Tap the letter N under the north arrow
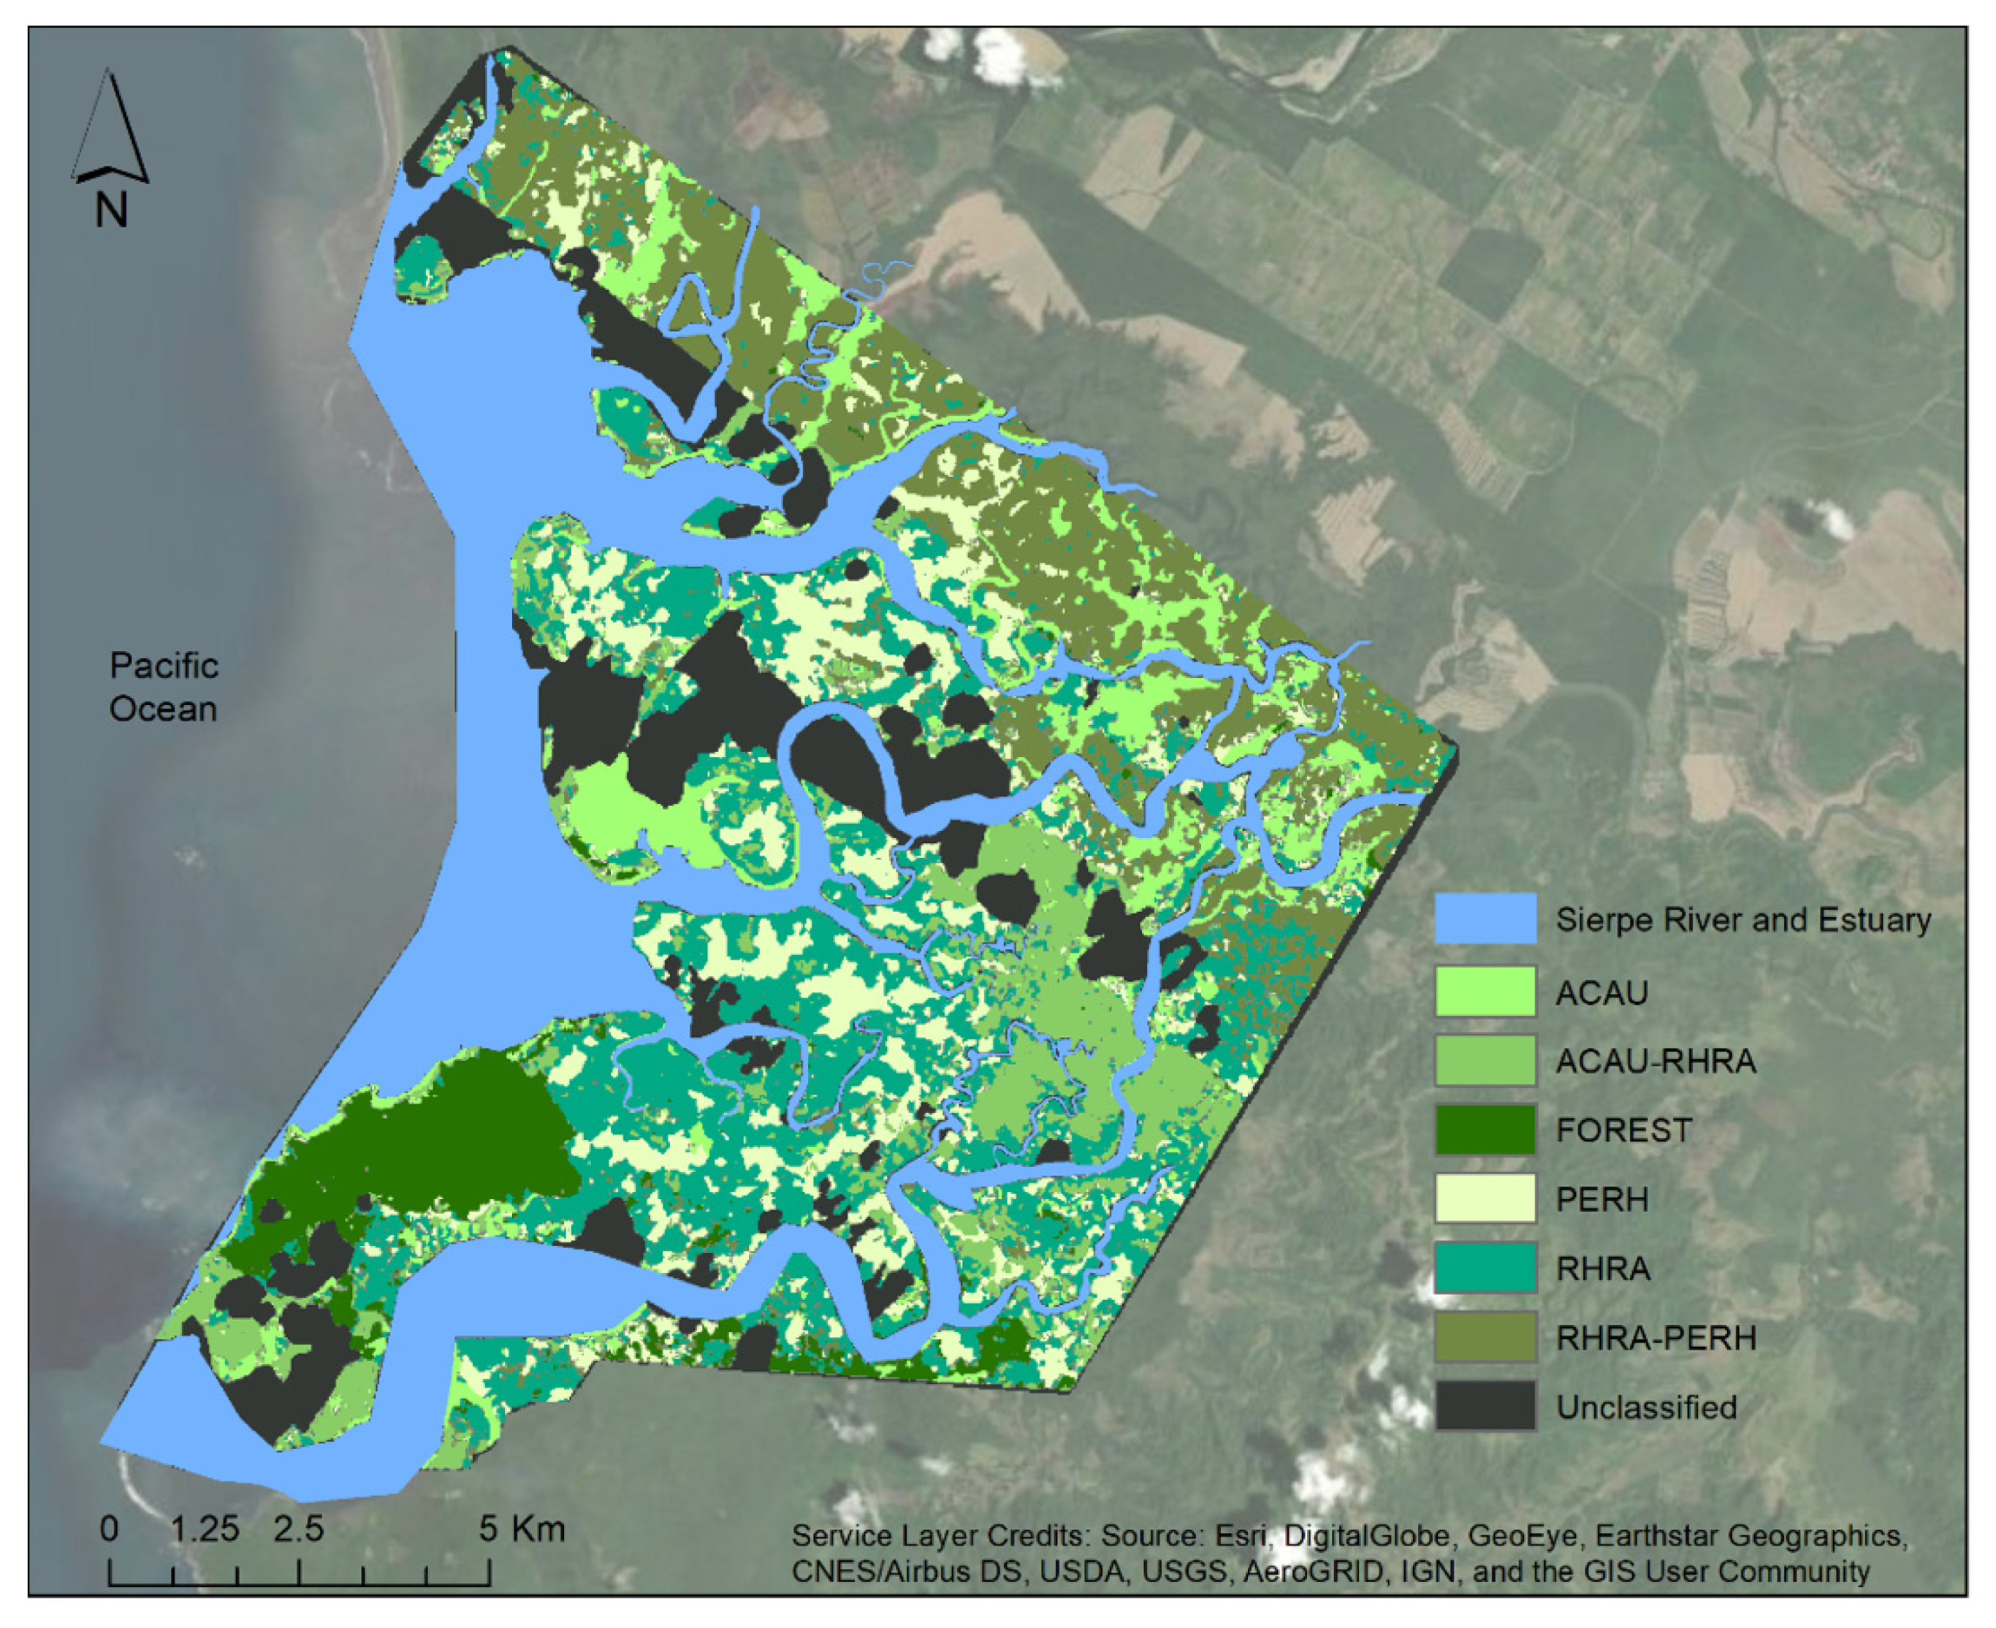click(x=110, y=210)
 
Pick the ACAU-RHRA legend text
click(x=1655, y=1061)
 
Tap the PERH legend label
click(x=1601, y=1199)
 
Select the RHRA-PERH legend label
click(x=1655, y=1337)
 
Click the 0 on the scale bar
click(x=109, y=1529)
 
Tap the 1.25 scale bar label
click(x=205, y=1529)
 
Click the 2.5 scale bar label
click(x=299, y=1529)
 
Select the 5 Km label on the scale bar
click(x=521, y=1529)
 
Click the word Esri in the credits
click(x=1241, y=1536)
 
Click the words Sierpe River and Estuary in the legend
click(x=1743, y=920)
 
